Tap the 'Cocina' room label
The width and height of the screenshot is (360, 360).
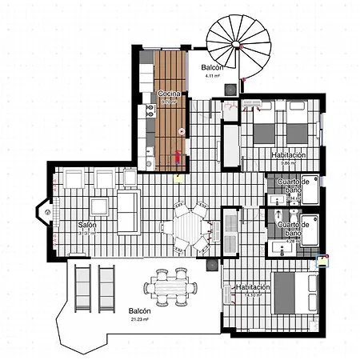tap(169, 94)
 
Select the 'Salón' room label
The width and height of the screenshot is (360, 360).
tap(87, 226)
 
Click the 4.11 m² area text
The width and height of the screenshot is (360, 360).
tap(211, 78)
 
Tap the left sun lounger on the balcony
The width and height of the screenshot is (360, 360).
tap(82, 286)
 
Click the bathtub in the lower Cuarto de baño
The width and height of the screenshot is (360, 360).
tap(310, 231)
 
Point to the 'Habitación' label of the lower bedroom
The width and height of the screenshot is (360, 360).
tap(253, 286)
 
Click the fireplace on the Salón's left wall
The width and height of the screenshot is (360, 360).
tap(46, 212)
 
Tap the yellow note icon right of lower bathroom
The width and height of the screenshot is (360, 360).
tap(323, 259)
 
